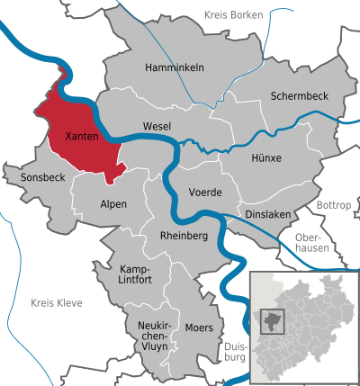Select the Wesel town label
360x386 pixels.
157,127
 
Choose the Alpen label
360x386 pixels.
112,204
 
